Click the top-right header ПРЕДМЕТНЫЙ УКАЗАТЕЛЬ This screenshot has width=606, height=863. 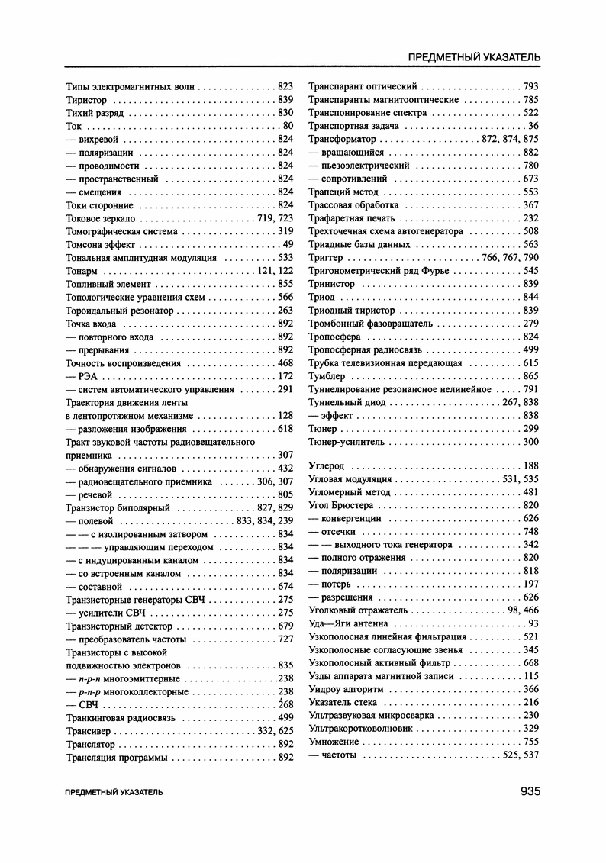point(475,57)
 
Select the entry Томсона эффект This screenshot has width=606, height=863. point(101,244)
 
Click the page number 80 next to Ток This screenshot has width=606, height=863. point(288,126)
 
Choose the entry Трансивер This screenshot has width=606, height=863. point(90,731)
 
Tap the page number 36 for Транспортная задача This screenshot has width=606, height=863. point(533,126)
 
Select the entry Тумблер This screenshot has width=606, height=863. point(327,376)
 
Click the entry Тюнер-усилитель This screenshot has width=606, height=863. point(347,442)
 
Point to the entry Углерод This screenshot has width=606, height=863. point(327,465)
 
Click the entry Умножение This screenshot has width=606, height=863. point(333,742)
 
